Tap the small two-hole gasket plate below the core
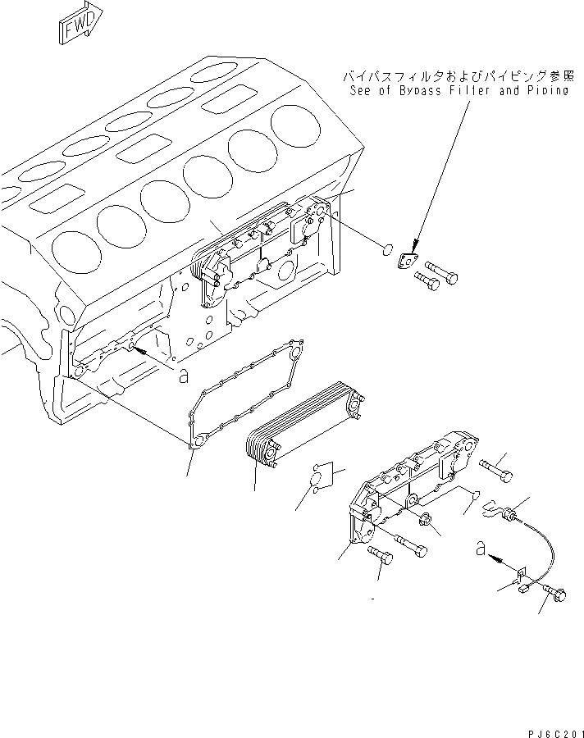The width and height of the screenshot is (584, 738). [319, 476]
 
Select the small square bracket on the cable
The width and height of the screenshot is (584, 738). [520, 580]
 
